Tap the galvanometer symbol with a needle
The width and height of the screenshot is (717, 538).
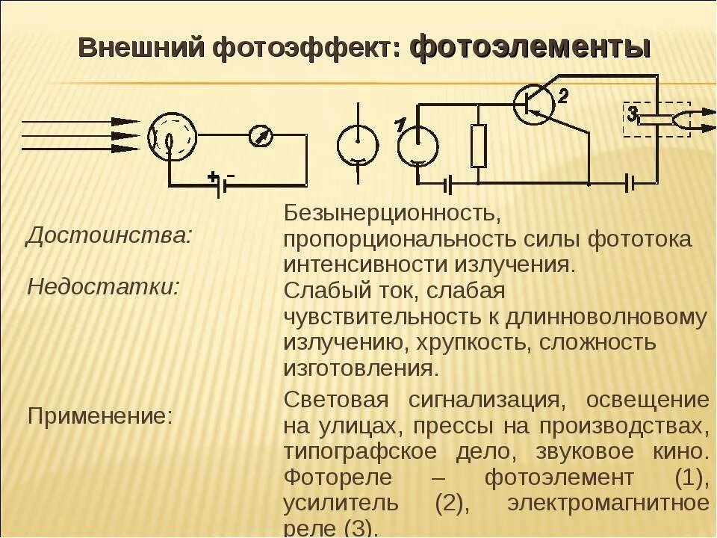261,135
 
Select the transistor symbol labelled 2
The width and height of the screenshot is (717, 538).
533,103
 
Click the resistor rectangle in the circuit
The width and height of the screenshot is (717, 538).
479,146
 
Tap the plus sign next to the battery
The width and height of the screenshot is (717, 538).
213,176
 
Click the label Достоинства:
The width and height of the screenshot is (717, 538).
109,236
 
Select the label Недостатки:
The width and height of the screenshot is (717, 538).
103,287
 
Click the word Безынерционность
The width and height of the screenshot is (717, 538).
389,213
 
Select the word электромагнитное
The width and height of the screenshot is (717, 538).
608,503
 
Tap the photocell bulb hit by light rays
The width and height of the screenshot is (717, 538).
172,136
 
